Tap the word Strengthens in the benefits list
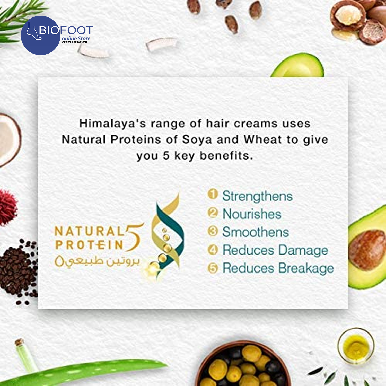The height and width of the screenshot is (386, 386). [x=257, y=196]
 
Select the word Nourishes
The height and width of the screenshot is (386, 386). [x=252, y=214]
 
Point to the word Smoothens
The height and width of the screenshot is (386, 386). [x=256, y=232]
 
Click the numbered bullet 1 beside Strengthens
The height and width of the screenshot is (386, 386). [x=213, y=194]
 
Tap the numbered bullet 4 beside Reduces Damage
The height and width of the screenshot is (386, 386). [x=213, y=250]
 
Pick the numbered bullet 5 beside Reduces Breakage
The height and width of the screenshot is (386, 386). [x=213, y=268]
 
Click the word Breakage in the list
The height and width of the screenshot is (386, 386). [x=306, y=269]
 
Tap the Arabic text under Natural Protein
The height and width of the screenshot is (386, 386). [x=97, y=261]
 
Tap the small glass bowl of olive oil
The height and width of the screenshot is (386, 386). [x=356, y=346]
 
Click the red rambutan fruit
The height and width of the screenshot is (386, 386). [x=8, y=208]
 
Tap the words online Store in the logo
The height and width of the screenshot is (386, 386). [x=76, y=38]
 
